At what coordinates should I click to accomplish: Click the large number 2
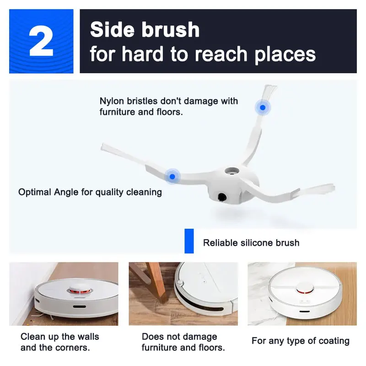[41, 41]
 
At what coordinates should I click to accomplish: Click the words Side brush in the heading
[145, 30]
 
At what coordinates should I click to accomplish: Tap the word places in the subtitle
[285, 54]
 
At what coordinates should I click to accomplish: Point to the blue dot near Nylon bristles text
[263, 108]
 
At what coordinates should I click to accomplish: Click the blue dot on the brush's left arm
[172, 176]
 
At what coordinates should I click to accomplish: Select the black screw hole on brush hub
[222, 198]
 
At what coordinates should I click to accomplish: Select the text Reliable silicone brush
[251, 243]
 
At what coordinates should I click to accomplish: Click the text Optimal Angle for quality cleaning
[90, 192]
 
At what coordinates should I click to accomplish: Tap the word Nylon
[112, 101]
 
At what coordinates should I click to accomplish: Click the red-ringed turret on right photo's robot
[302, 290]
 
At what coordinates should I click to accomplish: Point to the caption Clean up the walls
[59, 337]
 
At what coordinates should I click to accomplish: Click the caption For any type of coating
[300, 341]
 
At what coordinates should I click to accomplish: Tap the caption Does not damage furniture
[179, 337]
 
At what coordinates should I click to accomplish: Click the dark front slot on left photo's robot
[79, 305]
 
